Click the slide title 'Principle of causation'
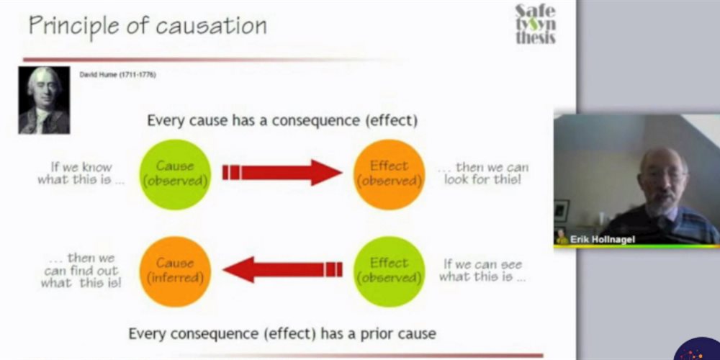[x=148, y=25]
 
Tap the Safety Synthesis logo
[x=536, y=24]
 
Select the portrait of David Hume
[x=44, y=100]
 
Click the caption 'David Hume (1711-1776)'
[x=117, y=75]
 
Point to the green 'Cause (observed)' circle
[x=175, y=174]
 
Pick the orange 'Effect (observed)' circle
[x=390, y=174]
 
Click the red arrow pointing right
[x=282, y=173]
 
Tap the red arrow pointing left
[x=282, y=270]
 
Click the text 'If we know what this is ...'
[x=81, y=173]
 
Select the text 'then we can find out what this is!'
[x=81, y=271]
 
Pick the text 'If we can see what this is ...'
[x=482, y=271]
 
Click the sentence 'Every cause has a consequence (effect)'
[x=282, y=121]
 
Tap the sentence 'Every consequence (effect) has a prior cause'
[x=282, y=333]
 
